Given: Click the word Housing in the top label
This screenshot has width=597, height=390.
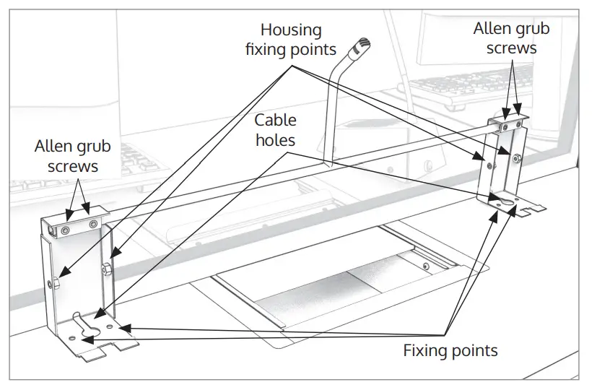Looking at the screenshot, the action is point(291,30).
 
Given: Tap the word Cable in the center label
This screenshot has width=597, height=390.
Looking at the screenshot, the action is point(275,121).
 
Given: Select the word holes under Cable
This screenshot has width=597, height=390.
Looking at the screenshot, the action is point(275,140).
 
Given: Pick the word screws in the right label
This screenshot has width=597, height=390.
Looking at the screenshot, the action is point(511,49).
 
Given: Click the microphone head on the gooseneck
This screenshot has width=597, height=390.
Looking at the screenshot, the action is point(362,45).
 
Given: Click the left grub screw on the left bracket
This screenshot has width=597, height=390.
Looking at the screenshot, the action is point(66,230).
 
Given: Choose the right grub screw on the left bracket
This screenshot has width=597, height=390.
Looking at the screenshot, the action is point(93,225).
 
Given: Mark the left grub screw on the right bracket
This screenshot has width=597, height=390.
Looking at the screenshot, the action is point(505,126).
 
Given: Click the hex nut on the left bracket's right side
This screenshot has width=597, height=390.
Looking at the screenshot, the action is point(106,269).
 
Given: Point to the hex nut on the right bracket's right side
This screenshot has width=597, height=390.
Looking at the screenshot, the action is point(516,158).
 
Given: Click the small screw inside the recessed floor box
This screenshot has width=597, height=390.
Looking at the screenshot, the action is point(426,266).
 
